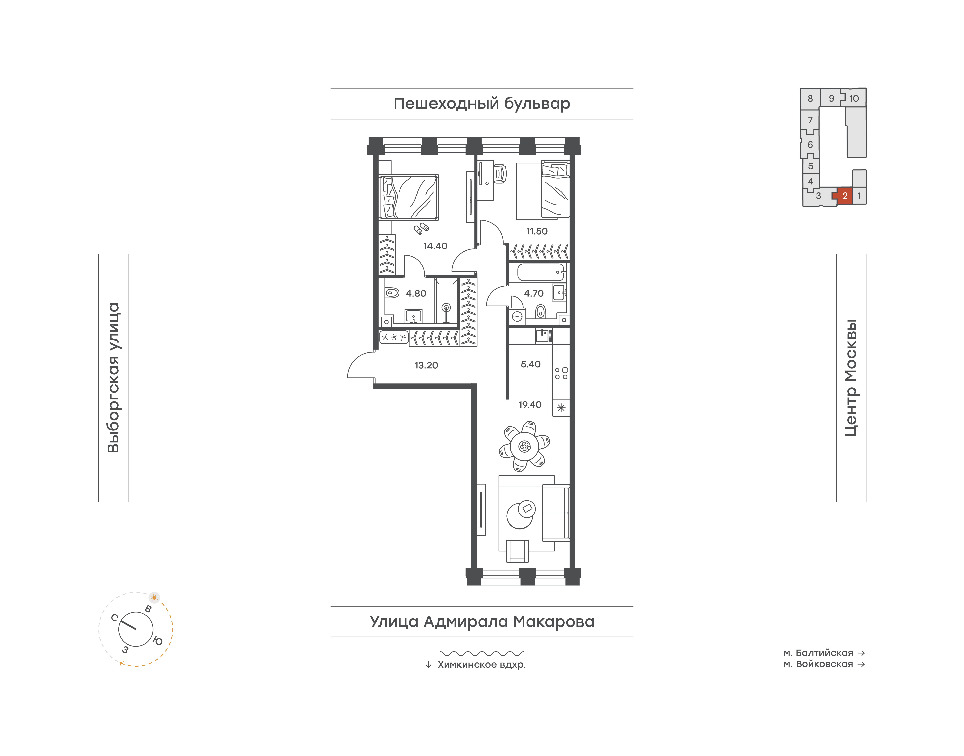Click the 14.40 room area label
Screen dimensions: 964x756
pyautogui.click(x=435, y=246)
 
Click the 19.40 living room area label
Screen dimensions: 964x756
pyautogui.click(x=530, y=405)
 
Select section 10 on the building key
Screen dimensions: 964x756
pyautogui.click(x=854, y=98)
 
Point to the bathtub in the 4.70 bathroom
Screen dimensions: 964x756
pyautogui.click(x=540, y=272)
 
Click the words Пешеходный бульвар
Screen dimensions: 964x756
pyautogui.click(x=482, y=104)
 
